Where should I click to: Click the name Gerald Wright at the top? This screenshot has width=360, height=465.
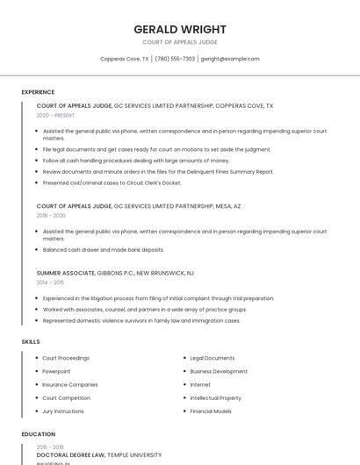point(179,29)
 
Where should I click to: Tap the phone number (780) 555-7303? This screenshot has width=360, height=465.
point(176,59)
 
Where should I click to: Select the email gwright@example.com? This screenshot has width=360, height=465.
point(230,59)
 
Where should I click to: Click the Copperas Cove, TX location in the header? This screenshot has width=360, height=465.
point(124,59)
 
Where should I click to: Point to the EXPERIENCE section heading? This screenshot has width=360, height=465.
point(38,92)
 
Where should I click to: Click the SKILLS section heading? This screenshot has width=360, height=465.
point(31,341)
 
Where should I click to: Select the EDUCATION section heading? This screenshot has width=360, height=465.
point(38,434)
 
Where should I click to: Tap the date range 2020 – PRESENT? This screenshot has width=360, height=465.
point(55,115)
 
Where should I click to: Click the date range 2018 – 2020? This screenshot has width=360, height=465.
point(51,215)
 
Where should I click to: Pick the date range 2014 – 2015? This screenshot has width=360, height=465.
point(50,283)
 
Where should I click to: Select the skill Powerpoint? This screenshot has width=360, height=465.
point(56,371)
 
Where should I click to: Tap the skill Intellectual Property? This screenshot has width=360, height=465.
point(215,397)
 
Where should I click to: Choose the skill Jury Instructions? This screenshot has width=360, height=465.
point(63,411)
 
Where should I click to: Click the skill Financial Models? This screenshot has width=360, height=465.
point(211,411)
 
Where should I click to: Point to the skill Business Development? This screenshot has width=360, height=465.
point(219,371)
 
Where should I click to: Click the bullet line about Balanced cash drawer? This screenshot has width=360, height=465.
point(103,249)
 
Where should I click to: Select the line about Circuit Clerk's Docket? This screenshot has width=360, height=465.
point(112,182)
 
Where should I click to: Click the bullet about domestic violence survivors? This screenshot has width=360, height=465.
point(140,320)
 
